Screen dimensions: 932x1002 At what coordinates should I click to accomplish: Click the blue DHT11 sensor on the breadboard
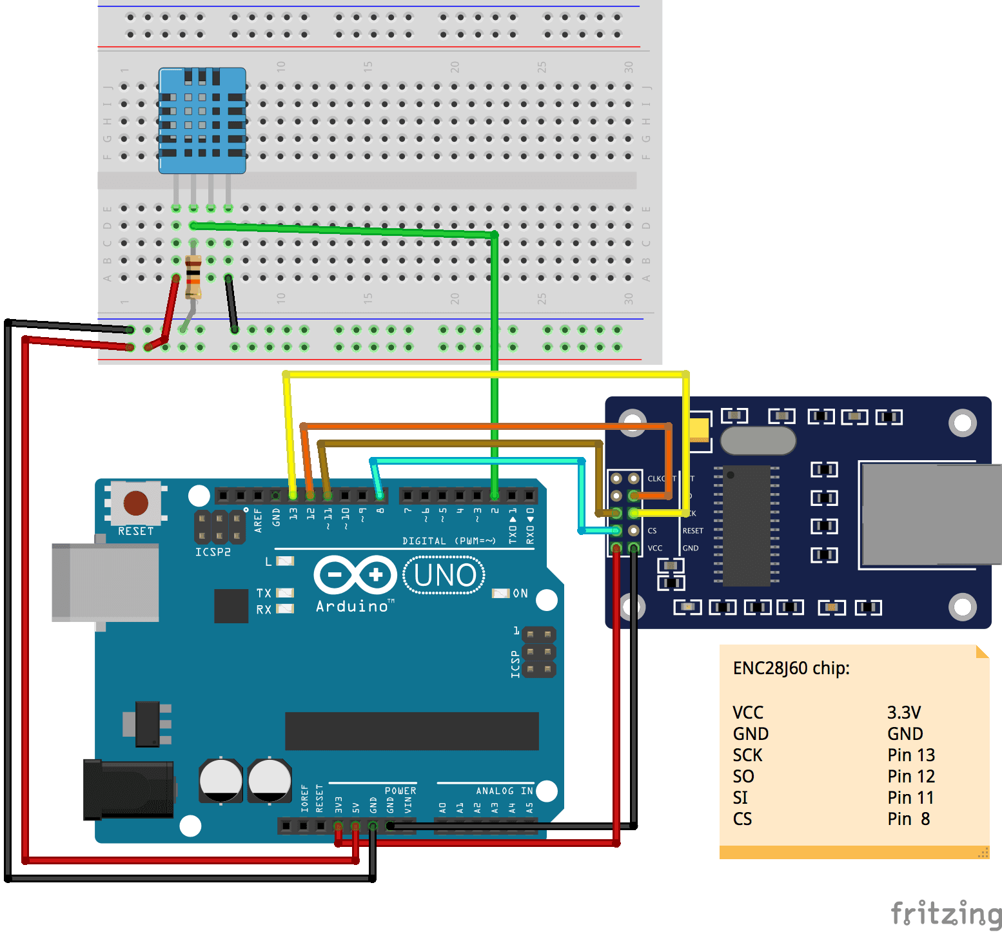coord(202,121)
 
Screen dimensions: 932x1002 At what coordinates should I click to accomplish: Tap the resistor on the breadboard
coord(193,277)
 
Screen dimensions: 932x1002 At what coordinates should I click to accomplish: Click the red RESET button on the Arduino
coord(136,503)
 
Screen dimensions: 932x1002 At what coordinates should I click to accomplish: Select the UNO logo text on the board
coord(444,575)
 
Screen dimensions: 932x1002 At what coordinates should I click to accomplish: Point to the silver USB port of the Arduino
coord(105,583)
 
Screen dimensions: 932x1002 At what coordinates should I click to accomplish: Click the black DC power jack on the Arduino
coord(128,790)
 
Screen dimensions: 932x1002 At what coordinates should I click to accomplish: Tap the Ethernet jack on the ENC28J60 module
coord(929,515)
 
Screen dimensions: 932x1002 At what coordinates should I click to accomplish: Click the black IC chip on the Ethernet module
coord(746,525)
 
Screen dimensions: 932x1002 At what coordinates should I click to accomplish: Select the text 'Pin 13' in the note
coord(910,755)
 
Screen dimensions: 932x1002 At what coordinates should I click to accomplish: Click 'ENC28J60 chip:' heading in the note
coord(791,668)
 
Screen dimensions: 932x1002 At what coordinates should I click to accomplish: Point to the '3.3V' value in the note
coord(903,712)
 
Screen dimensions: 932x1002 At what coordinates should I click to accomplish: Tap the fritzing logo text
coord(945,914)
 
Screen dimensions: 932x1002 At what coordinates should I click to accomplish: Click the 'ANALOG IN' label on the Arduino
coord(504,791)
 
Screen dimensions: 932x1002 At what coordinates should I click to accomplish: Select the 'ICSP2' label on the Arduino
coord(213,552)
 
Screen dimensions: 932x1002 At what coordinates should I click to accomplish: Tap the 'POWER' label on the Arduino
coord(400,791)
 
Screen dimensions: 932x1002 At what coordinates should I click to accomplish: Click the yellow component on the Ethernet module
coord(699,429)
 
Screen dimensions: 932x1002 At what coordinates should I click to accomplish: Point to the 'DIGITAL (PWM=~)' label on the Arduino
coord(449,541)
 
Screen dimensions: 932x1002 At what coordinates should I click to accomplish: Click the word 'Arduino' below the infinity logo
coord(352,607)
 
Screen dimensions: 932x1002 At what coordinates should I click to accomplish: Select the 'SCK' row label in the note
coord(747,755)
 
